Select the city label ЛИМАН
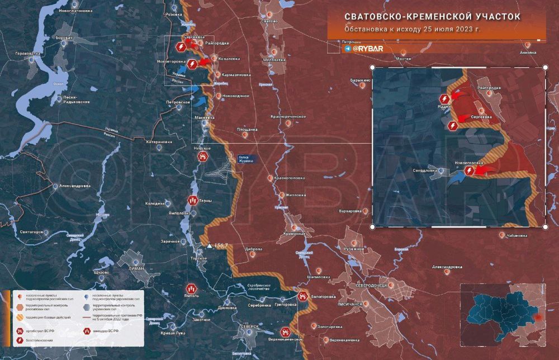coord(136,268)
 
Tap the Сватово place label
coord(269,21)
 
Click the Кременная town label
coord(293,233)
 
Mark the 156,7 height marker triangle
coord(210,245)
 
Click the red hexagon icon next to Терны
coord(192,200)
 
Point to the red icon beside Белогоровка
coord(302,296)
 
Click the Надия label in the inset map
coord(444,106)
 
